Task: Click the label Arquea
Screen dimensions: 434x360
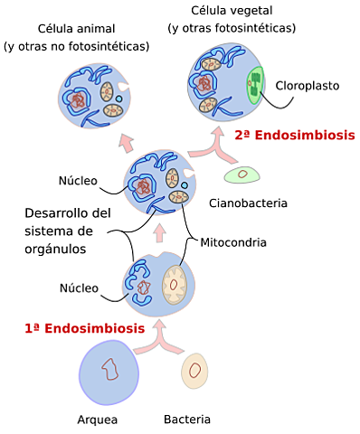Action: (x=98, y=420)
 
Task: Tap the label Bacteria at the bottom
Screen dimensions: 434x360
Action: (x=186, y=420)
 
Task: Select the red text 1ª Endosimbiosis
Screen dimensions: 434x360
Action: (x=84, y=328)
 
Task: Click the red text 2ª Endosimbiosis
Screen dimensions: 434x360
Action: (x=294, y=136)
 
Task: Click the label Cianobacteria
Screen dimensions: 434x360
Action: (x=248, y=203)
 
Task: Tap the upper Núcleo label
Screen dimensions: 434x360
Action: (x=78, y=180)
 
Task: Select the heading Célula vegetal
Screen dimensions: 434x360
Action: (x=232, y=12)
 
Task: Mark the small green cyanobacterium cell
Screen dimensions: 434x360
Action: (x=243, y=175)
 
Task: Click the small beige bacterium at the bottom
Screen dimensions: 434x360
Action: (x=194, y=370)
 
